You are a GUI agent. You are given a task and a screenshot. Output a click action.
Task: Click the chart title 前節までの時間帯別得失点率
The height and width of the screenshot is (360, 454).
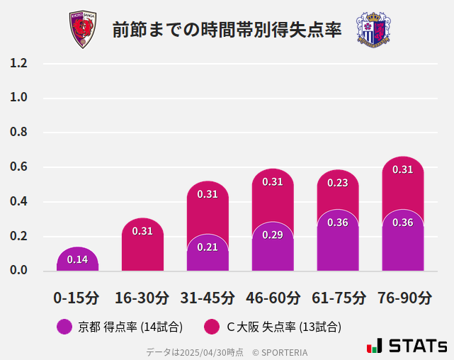coord(227,30)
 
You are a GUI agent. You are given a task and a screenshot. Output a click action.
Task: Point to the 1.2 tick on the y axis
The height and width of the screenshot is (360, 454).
coord(18,63)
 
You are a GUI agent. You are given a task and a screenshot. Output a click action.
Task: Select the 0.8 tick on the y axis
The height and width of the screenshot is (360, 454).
coord(18,133)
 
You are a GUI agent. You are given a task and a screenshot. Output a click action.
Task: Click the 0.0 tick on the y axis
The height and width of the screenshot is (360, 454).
coord(18,271)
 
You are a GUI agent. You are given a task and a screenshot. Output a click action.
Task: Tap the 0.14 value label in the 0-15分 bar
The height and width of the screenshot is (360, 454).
coord(77,259)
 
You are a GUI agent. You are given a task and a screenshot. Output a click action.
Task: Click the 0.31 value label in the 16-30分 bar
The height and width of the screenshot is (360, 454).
coord(142,230)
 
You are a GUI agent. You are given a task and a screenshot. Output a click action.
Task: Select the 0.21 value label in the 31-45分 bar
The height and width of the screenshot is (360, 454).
coord(208,247)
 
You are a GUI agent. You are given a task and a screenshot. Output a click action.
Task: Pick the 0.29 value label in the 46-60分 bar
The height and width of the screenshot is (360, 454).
coord(273,234)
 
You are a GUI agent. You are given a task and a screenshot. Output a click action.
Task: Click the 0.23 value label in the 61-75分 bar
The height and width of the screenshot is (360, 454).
coord(338,182)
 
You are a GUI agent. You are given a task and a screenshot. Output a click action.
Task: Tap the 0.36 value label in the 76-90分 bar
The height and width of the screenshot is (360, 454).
coord(403,222)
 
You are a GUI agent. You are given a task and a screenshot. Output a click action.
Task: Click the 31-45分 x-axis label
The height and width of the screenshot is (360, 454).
coord(208,298)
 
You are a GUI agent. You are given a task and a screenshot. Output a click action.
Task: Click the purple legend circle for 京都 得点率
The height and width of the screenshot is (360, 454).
coord(64,327)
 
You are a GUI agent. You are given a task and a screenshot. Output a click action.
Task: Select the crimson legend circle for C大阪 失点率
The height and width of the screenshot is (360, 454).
coord(211,327)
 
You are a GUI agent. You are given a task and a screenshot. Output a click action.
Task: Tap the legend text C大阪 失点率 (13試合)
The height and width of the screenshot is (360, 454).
coord(283,327)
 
